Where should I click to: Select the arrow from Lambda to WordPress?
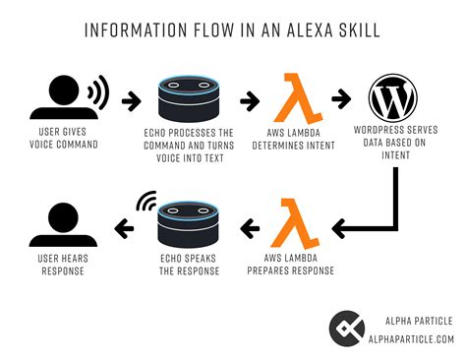340,99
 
